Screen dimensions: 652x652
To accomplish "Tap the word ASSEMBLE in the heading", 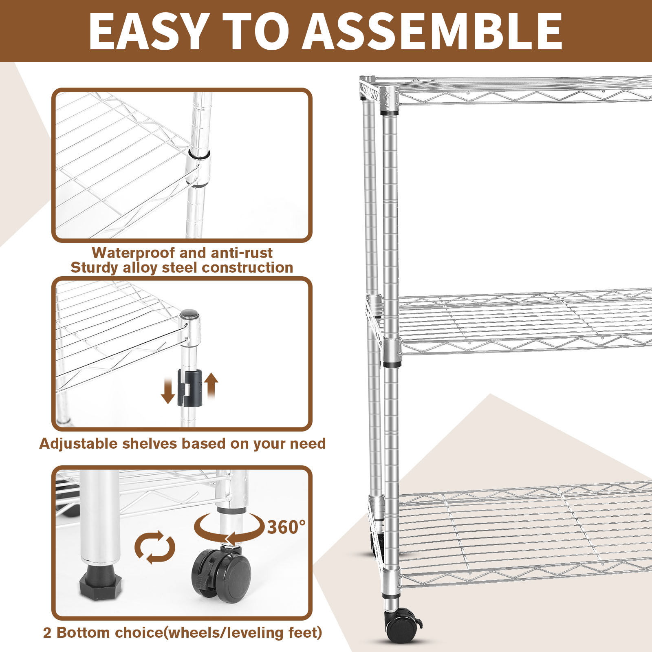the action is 432,31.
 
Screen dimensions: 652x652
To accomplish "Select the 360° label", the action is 286,527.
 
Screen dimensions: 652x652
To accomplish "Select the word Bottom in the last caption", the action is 83,632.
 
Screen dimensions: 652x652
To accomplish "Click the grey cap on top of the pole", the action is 189,314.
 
